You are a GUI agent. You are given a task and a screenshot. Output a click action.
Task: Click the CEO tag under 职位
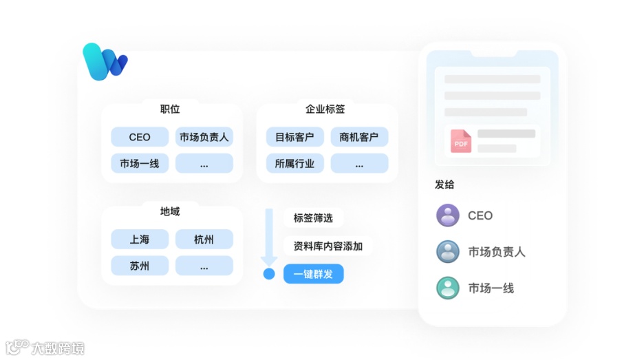click(140, 137)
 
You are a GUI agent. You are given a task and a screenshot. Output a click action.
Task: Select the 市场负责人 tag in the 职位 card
click(204, 137)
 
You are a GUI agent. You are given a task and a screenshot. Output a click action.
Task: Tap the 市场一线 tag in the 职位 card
click(140, 163)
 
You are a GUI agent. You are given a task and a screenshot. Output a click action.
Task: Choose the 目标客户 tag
click(294, 137)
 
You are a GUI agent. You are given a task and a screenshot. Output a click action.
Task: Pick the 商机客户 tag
click(359, 137)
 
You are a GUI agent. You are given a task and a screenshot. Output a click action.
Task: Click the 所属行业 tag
click(294, 163)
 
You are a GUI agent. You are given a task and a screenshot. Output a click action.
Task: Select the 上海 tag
click(140, 240)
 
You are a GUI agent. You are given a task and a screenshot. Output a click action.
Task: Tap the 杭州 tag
click(204, 240)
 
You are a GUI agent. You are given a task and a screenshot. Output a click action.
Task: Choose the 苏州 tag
click(140, 266)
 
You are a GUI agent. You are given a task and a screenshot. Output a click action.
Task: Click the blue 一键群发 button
click(313, 274)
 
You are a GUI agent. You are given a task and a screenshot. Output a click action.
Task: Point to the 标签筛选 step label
click(313, 218)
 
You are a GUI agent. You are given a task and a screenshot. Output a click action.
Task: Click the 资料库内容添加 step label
click(328, 246)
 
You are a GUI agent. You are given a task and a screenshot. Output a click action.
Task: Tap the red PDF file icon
click(461, 141)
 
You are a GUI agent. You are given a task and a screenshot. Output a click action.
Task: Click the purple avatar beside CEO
click(448, 215)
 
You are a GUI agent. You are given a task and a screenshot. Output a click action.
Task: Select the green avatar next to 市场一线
click(448, 288)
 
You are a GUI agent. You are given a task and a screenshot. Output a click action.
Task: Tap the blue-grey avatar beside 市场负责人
click(448, 252)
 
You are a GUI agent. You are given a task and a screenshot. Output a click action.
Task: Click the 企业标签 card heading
click(325, 109)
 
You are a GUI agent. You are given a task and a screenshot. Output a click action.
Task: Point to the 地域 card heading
click(170, 211)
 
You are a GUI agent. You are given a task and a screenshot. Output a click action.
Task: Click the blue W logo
click(105, 61)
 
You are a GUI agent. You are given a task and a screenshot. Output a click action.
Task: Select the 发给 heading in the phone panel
click(444, 184)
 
